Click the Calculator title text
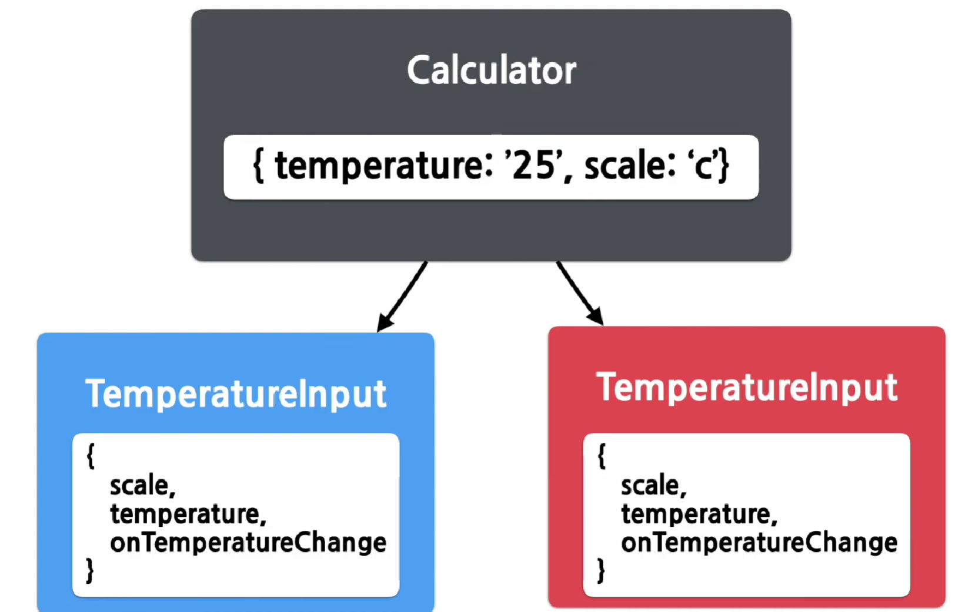[492, 71]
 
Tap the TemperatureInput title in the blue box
[236, 394]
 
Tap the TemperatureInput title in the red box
[747, 387]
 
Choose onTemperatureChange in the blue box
[248, 542]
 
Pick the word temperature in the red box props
[699, 515]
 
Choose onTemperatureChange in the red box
[759, 542]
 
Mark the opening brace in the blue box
[91, 456]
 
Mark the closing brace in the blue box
[90, 570]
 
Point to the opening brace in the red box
[601, 456]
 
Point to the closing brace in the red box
[601, 570]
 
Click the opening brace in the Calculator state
[258, 166]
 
